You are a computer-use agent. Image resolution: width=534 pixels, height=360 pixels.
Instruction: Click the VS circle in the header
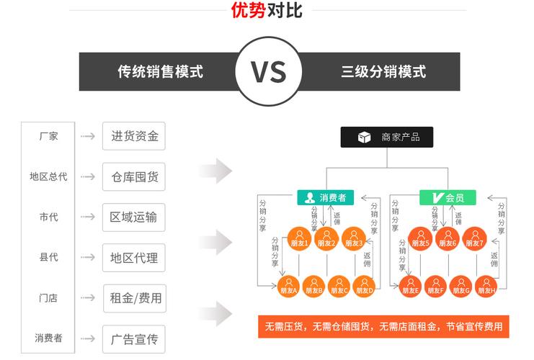[x=269, y=71]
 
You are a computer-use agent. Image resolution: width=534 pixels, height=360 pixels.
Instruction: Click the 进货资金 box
[x=134, y=136]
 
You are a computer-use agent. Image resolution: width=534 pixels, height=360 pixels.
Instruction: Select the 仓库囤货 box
[x=134, y=176]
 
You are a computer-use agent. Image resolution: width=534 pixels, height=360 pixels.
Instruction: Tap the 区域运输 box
[x=134, y=217]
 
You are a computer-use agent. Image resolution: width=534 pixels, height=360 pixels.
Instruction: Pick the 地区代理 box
[x=134, y=258]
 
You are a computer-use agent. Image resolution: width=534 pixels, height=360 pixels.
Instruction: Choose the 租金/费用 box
[x=135, y=298]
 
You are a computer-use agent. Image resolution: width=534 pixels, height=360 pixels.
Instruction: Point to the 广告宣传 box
[x=134, y=339]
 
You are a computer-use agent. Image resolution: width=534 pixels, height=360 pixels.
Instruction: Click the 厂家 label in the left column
[x=48, y=136]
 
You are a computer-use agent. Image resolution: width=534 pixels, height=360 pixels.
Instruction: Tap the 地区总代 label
[x=48, y=176]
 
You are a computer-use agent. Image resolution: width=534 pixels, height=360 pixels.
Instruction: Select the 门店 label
[x=48, y=298]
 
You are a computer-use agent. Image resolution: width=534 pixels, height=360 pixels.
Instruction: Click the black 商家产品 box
[x=387, y=137]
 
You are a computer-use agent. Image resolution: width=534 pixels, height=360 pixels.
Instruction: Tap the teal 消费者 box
[x=326, y=198]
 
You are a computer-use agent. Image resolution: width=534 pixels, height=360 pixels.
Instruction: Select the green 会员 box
[x=448, y=198]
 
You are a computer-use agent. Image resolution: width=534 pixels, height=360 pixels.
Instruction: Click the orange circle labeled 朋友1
[x=299, y=238]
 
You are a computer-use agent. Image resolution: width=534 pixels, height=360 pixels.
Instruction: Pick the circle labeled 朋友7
[x=475, y=238]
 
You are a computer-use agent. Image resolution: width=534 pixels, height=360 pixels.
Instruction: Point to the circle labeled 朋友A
[x=289, y=286]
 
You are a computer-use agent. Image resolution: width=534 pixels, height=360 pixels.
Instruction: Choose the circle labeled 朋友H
[x=486, y=286]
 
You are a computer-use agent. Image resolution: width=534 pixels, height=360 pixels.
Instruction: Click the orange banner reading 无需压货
[x=383, y=327]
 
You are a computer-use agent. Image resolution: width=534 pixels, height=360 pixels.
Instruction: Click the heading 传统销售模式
[x=161, y=72]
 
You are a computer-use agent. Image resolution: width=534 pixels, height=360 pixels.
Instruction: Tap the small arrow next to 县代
[x=88, y=257]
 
